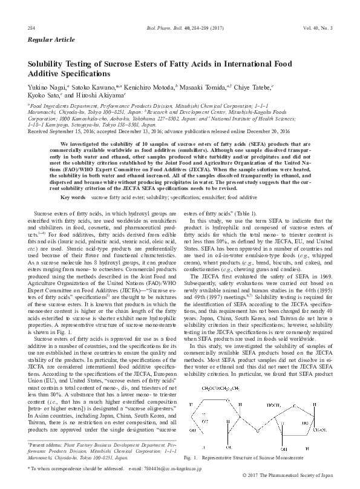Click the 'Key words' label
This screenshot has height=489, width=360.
pos(73,197)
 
